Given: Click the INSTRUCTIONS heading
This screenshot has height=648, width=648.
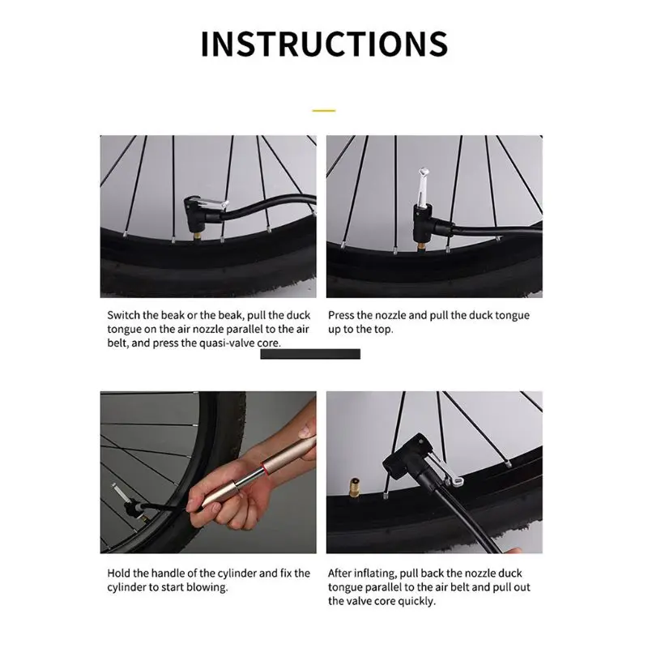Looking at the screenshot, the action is point(324,44).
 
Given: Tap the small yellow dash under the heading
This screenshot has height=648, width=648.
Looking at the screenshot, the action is point(324,111).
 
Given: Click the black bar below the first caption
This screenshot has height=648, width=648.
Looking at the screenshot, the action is point(310,354).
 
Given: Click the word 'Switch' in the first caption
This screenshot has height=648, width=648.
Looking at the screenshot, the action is point(124,315).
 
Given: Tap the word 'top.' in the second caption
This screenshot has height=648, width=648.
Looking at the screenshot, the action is point(383,330).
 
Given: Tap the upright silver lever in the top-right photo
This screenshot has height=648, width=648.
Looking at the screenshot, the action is point(422,187).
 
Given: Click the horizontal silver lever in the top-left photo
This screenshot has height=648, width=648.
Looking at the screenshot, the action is point(210,204).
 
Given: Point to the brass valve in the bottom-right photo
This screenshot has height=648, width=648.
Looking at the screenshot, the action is point(354,487).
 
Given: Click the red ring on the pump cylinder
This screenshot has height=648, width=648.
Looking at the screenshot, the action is point(263,467).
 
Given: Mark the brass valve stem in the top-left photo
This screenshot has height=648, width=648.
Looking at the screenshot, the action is point(196,237).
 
